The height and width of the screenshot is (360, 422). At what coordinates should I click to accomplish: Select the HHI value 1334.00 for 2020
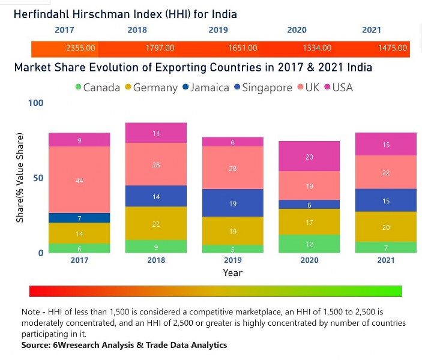[x=317, y=48]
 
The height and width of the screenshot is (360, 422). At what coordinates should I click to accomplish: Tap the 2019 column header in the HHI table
[x=218, y=30]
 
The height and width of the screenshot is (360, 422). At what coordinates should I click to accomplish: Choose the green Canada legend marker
[x=77, y=88]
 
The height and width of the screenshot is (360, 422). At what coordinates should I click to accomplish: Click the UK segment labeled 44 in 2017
[x=79, y=180]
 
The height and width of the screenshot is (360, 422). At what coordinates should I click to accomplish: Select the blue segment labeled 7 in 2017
[x=79, y=218]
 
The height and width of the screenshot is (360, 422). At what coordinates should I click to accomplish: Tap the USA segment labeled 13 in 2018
[x=156, y=133]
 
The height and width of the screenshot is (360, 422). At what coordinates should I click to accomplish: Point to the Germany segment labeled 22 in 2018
[x=156, y=223]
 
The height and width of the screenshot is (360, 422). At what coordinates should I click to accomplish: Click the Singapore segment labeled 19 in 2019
[x=232, y=203]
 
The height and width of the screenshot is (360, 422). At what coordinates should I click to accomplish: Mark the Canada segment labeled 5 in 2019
[x=232, y=249]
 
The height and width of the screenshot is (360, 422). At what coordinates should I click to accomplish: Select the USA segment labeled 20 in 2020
[x=309, y=157]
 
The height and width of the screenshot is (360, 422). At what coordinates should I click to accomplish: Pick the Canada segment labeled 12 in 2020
[x=309, y=244]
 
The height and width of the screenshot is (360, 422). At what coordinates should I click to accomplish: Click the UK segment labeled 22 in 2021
[x=386, y=173]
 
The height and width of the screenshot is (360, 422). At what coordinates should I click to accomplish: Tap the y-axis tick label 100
[x=36, y=103]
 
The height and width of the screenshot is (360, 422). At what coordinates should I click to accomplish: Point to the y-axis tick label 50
[x=37, y=178]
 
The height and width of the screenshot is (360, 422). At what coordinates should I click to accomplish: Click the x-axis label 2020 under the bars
[x=309, y=260]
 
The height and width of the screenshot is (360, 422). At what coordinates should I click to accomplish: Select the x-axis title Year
[x=232, y=272]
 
